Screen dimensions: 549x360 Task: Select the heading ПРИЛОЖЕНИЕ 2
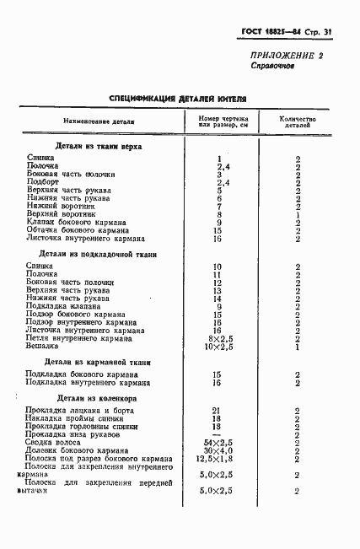(287, 55)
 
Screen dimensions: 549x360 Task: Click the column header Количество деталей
(298, 123)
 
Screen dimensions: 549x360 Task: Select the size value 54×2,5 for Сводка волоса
(218, 443)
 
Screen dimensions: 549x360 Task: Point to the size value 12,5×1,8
(218, 459)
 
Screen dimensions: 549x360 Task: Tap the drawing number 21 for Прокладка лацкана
(218, 411)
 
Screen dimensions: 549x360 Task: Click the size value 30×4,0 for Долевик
(218, 450)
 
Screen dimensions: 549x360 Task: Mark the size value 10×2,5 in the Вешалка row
(218, 346)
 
